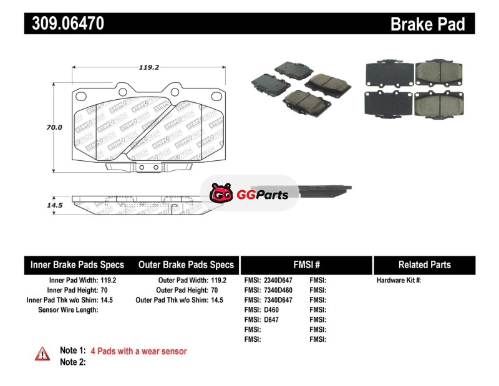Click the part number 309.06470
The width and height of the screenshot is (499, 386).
click(x=68, y=23)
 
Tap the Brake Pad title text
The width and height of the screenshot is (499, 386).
click(x=427, y=24)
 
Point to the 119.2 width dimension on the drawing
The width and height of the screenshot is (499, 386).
click(x=148, y=67)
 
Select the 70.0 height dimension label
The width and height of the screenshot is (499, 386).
click(x=54, y=127)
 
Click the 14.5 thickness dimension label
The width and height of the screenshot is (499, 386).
click(x=55, y=205)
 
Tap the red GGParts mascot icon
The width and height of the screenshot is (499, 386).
click(x=221, y=193)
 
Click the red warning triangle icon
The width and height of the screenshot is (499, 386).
click(x=42, y=354)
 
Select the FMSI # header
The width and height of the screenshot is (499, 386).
click(x=306, y=265)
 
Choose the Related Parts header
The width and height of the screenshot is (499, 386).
click(x=425, y=265)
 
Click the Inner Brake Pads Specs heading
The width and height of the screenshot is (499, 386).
click(x=77, y=265)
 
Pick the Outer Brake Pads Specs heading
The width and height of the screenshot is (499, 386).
click(x=186, y=265)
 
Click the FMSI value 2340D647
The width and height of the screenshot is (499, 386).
click(x=278, y=281)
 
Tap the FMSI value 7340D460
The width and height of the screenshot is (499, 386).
click(x=278, y=290)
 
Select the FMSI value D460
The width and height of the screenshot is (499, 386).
click(x=271, y=310)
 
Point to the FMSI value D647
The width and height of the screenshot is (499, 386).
click(x=271, y=320)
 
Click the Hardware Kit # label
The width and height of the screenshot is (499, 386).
click(x=399, y=281)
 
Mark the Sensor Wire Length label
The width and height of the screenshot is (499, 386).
click(x=68, y=310)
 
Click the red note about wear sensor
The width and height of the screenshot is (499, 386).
click(x=138, y=351)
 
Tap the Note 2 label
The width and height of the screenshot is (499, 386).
click(x=73, y=362)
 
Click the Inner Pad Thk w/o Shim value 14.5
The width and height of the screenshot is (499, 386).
click(x=107, y=300)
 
